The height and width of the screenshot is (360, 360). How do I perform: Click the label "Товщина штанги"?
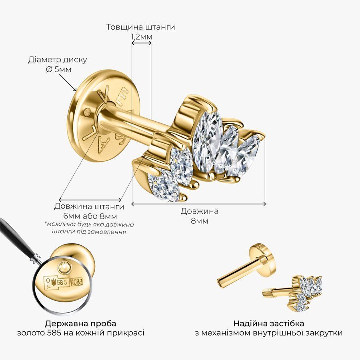click(x=140, y=27)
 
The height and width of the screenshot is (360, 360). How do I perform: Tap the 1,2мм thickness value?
click(x=142, y=37)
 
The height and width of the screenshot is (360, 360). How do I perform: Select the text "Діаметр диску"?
click(x=58, y=60)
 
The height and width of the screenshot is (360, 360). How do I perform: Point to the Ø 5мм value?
click(x=58, y=69)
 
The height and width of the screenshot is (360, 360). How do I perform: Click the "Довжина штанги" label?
click(x=89, y=206)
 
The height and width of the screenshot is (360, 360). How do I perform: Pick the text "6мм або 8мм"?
click(x=90, y=216)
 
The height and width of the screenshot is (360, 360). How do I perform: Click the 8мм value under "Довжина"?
click(x=200, y=221)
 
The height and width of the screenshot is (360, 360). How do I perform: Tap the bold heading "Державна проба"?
click(x=80, y=324)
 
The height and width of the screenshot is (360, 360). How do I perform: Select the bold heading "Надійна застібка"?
click(x=269, y=324)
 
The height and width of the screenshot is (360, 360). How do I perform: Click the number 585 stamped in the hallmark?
click(x=62, y=282)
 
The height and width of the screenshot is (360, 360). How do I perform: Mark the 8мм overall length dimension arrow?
click(x=198, y=204)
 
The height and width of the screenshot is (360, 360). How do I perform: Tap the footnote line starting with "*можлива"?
click(x=89, y=224)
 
